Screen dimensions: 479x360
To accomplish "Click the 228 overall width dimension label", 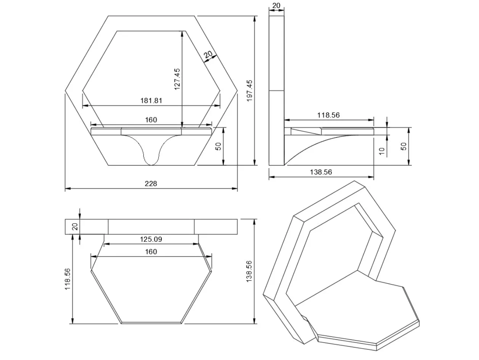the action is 151,183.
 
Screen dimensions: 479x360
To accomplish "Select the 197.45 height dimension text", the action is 249,90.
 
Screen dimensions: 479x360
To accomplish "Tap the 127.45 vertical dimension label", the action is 177,79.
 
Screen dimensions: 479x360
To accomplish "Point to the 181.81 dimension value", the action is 151,101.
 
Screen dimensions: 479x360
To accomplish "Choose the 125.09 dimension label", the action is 151,239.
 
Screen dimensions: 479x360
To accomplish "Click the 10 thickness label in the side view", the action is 382,151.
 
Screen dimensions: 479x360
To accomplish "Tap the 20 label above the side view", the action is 276,6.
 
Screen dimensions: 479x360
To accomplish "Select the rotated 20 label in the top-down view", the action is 75,227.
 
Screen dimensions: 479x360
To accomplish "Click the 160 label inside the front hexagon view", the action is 151,120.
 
